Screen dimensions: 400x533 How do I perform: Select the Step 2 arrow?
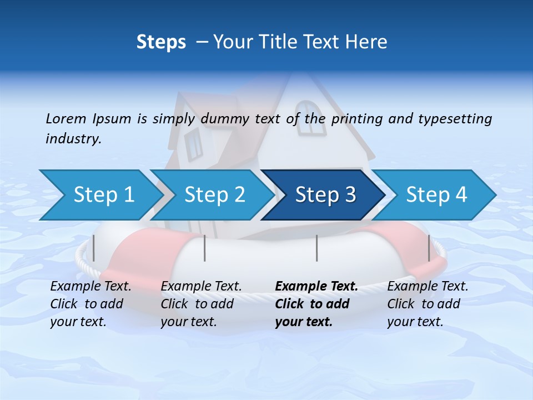212,195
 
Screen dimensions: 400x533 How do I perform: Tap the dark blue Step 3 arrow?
323,195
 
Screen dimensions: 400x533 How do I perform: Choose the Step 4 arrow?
434,195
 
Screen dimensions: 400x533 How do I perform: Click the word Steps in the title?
161,42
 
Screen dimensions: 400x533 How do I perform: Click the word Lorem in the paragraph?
66,118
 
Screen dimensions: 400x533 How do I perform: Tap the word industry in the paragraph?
73,138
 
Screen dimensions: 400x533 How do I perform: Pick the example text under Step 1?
90,304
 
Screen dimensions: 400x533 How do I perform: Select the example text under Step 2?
200,304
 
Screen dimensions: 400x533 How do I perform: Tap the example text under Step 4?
427,304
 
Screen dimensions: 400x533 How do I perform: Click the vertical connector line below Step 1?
94,248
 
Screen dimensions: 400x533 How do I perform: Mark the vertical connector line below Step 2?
205,248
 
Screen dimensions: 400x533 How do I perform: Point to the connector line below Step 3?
316,248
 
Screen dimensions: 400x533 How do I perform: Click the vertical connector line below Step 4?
429,248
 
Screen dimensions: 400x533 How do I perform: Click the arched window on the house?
310,118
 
